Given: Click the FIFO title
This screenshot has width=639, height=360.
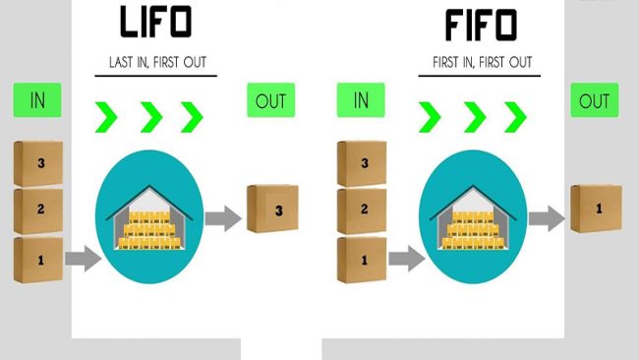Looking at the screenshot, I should (x=480, y=25).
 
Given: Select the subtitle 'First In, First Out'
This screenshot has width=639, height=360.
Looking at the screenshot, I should (x=482, y=63).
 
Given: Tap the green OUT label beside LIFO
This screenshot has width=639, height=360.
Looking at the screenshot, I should (x=271, y=101).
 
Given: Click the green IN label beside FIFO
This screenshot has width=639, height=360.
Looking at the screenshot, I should (x=361, y=100).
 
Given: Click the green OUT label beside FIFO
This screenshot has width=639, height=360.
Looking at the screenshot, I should (x=594, y=101).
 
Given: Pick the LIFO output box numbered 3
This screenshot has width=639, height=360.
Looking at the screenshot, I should (x=272, y=210).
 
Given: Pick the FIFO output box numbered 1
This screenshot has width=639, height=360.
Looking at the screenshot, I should (x=595, y=209).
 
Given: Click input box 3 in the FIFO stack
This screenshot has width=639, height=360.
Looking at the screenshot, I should (x=361, y=163).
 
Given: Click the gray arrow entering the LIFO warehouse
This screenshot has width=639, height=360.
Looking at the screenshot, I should (x=84, y=260).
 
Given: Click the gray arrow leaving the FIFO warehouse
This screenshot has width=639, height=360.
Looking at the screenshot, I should (x=547, y=218).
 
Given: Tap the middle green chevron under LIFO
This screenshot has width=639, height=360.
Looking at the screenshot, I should (x=150, y=117).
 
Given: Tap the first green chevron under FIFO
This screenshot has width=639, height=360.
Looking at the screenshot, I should (x=429, y=117).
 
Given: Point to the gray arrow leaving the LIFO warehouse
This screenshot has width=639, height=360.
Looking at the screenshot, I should (x=223, y=218).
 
